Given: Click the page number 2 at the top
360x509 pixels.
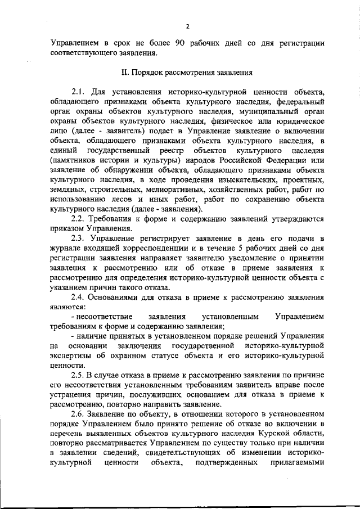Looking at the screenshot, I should [187, 26].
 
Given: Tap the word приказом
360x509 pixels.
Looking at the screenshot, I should [67, 229].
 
